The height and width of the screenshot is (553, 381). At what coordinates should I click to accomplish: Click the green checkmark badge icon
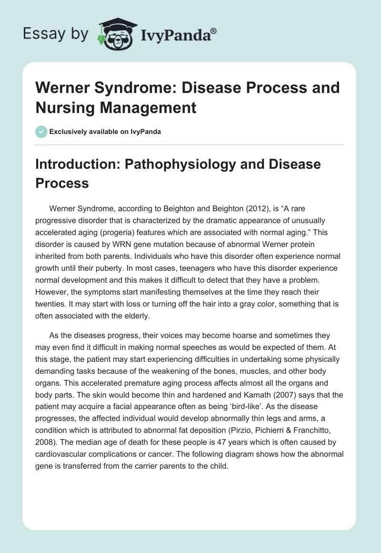coord(41,132)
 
